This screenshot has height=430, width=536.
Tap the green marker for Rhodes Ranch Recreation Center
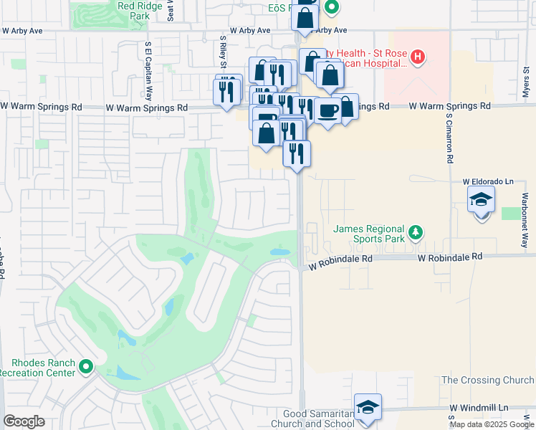[x=86, y=367]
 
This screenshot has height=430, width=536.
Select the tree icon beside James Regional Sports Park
[x=415, y=232]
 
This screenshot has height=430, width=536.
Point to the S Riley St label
[x=224, y=47]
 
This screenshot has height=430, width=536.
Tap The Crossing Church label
[x=487, y=380]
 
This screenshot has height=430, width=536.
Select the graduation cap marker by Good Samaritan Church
[x=368, y=408]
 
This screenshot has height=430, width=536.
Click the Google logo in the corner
[x=24, y=421]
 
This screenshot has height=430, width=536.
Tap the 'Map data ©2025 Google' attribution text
[x=492, y=424]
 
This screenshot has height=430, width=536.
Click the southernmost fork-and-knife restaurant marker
[x=296, y=153]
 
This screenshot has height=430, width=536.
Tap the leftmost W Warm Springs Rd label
[x=41, y=107]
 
